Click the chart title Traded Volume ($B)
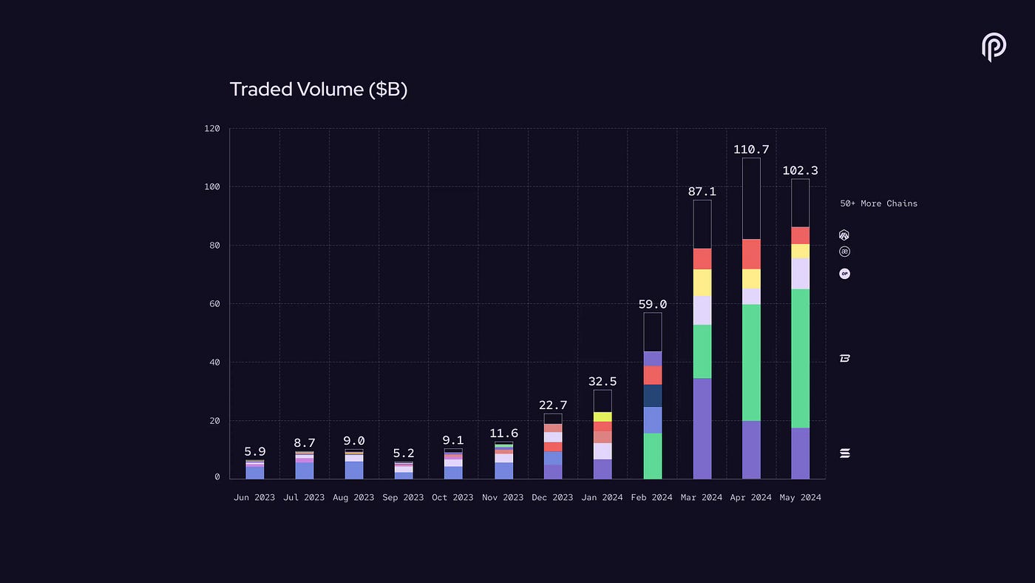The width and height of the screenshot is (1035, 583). click(319, 90)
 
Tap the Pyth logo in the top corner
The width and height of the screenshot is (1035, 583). click(993, 47)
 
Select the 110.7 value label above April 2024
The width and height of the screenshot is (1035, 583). click(751, 149)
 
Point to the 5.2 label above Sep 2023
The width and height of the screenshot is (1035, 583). click(404, 453)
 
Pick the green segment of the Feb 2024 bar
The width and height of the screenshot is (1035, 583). click(652, 456)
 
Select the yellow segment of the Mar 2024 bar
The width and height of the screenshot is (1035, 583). click(702, 283)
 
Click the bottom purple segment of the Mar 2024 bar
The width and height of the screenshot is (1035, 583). click(702, 428)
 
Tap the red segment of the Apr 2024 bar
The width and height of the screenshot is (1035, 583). click(751, 254)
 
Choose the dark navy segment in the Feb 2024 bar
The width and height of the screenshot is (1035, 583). click(652, 396)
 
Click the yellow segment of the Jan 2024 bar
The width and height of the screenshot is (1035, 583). click(603, 417)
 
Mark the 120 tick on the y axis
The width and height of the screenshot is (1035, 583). click(212, 129)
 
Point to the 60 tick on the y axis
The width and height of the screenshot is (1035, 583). click(214, 304)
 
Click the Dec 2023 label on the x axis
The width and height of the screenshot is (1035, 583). click(552, 497)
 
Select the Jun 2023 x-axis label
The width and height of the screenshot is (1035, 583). click(254, 497)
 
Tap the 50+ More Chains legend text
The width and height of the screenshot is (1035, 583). click(878, 203)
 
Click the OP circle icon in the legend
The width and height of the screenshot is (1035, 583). click(844, 274)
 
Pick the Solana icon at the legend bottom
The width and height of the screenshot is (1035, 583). click(844, 453)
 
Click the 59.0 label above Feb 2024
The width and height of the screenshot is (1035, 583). click(652, 304)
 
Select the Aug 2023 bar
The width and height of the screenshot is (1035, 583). click(354, 466)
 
